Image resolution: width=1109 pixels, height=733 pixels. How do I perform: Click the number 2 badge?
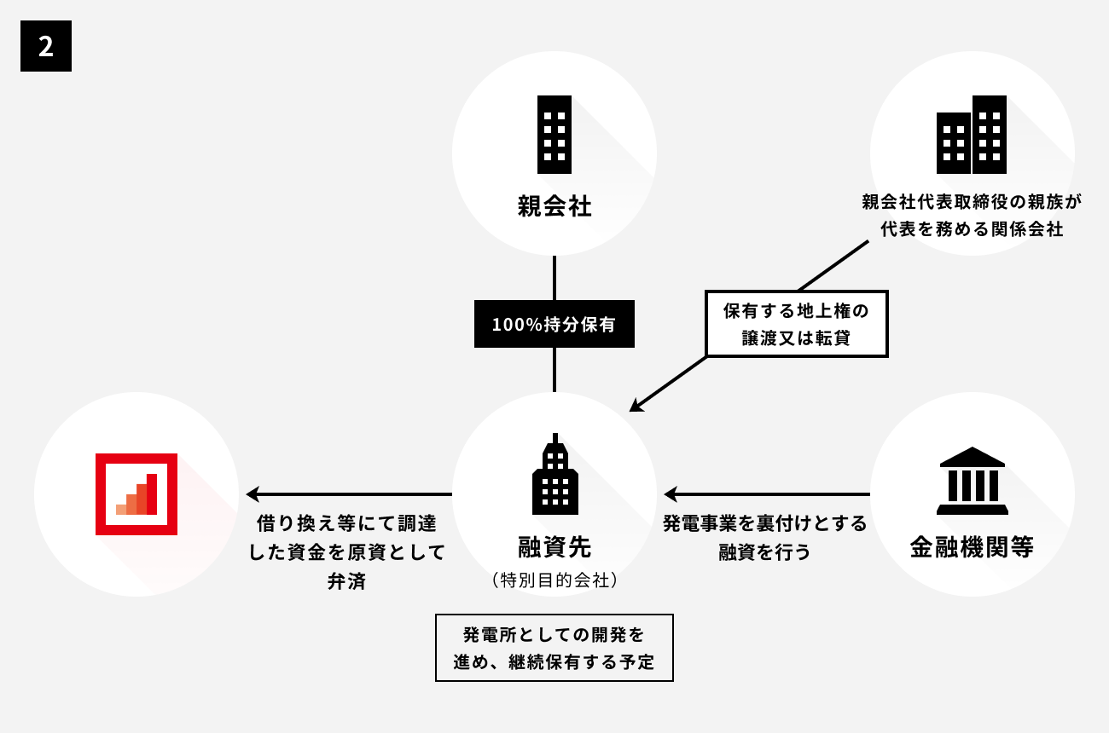coord(46,46)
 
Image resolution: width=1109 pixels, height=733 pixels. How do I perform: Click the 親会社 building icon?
coord(554,135)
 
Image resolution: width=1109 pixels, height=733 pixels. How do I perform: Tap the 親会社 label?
coord(554,206)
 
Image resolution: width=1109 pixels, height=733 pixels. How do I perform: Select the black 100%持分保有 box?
coord(554,324)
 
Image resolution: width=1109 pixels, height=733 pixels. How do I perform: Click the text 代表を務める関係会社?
coord(972,229)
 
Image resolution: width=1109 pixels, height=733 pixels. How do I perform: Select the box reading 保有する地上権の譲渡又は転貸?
coord(796,324)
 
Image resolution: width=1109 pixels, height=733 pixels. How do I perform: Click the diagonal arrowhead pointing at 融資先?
coord(636,406)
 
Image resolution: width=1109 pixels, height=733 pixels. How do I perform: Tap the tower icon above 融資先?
coord(554,475)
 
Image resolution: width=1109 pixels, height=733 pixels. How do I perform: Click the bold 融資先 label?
coord(554,545)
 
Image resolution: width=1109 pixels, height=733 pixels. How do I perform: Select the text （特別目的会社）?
coord(554,580)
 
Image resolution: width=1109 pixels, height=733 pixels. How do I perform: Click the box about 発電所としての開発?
coord(554,648)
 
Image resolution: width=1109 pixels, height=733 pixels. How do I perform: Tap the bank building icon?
coord(972,482)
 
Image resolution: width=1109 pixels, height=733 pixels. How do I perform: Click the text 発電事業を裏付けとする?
coord(764,523)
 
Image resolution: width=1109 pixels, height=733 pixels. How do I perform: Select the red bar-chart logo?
coord(136,493)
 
